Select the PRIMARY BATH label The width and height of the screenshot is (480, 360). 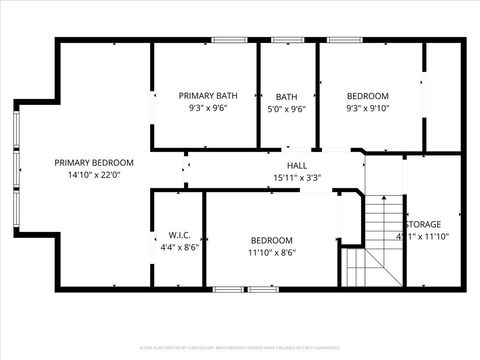click(208, 96)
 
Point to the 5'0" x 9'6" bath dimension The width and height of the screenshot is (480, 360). click(287, 109)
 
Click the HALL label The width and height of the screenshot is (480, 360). click(297, 165)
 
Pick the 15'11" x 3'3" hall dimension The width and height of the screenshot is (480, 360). click(297, 177)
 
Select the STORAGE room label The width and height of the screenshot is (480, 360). click(422, 225)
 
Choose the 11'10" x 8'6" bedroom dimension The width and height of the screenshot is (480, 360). click(271, 252)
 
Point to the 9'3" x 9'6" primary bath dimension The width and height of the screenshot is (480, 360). click(208, 108)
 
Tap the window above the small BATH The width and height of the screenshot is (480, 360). click(288, 40)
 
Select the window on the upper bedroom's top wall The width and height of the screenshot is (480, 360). click(346, 40)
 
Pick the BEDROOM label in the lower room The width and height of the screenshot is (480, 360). click(271, 240)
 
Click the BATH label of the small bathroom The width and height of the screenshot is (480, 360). click(287, 97)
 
